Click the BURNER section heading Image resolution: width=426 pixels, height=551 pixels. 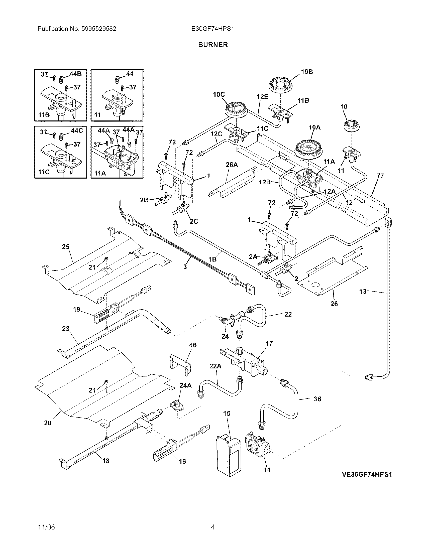213,45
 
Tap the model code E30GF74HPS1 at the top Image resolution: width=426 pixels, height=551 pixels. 212,29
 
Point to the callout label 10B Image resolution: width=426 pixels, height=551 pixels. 307,72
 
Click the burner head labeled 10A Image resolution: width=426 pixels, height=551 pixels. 308,150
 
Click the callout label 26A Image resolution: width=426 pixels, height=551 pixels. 232,165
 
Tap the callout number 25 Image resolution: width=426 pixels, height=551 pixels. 66,246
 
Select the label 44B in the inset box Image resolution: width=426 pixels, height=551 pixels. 76,74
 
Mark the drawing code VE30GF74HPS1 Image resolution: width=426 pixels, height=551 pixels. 367,474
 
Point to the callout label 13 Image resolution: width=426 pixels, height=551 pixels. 363,292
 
